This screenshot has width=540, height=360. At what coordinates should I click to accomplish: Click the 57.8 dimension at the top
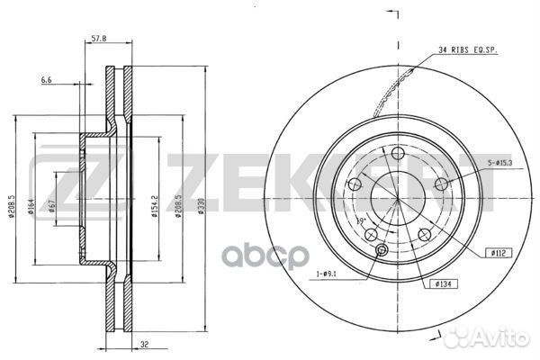[x=100, y=39]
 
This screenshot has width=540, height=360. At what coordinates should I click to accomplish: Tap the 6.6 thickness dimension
[x=46, y=80]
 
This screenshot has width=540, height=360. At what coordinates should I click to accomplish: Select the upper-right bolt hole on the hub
[x=441, y=184]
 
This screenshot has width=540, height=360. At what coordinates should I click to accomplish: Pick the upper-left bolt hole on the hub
[x=354, y=184]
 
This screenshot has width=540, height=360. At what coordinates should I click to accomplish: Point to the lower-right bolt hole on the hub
[x=424, y=236]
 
